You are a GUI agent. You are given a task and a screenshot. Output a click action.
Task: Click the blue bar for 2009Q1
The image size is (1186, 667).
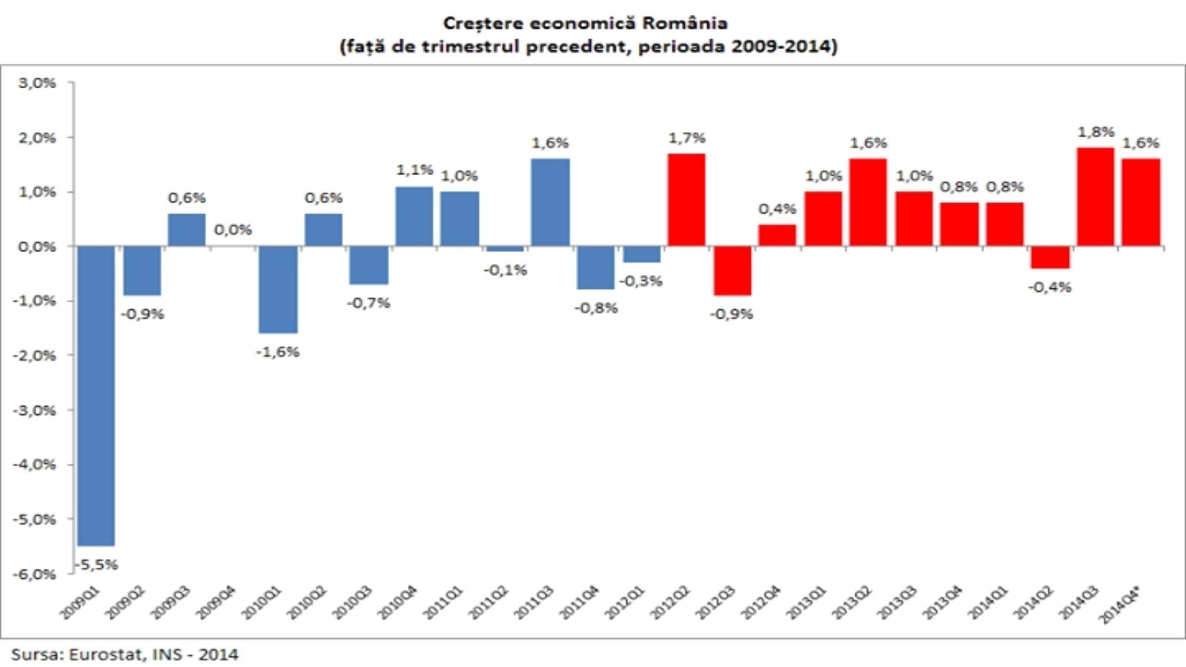point(96,396)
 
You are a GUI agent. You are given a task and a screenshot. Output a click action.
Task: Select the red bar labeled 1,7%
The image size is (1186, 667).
point(686,200)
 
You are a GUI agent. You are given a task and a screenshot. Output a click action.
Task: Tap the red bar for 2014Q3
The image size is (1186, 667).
point(1096,197)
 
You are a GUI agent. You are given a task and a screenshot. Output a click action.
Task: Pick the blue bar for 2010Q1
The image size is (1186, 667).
point(278,290)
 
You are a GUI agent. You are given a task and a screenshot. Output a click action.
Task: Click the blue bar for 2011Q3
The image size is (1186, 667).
point(551,202)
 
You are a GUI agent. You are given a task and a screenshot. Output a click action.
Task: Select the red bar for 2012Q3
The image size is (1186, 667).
point(732,271)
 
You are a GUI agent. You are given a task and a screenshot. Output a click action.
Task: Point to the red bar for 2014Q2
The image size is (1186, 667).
point(1050,257)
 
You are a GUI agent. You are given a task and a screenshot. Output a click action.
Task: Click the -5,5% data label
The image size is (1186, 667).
point(97,565)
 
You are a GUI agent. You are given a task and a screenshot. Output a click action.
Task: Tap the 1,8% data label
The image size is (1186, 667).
point(1096,132)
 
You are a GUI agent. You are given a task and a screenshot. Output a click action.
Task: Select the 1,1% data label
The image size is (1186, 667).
point(414,170)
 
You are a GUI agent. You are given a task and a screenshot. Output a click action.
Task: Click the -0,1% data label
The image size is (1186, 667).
point(506,271)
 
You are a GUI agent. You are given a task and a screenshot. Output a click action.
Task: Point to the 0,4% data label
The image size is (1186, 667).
point(777,209)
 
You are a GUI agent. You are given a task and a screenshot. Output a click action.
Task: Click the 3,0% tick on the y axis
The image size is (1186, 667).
point(37,83)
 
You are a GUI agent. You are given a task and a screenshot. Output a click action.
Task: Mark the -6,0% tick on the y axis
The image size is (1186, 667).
point(35,574)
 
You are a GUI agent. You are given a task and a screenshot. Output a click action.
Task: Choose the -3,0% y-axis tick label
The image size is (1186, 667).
point(35,410)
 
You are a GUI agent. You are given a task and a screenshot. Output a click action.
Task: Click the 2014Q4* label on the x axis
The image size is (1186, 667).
point(1121,604)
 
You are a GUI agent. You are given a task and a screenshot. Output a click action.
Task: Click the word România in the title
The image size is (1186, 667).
point(684,23)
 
